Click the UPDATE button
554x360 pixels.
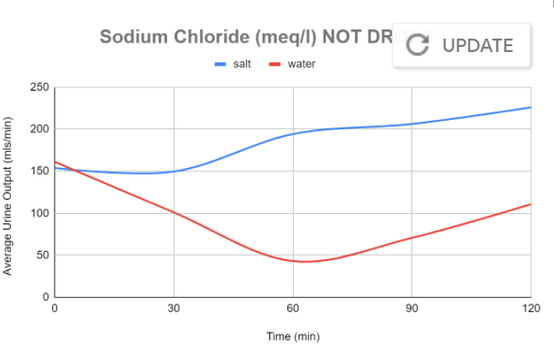pyautogui.click(x=462, y=45)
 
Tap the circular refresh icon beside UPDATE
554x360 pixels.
pyautogui.click(x=417, y=45)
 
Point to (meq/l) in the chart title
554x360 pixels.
pyautogui.click(x=269, y=37)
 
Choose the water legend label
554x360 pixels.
pyautogui.click(x=301, y=64)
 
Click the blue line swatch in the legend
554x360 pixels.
pyautogui.click(x=221, y=64)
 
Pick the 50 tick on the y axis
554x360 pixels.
pyautogui.click(x=42, y=255)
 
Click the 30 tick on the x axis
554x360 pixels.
pyautogui.click(x=174, y=308)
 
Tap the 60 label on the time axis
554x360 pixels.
pyautogui.click(x=293, y=308)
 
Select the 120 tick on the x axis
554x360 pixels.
pyautogui.click(x=530, y=308)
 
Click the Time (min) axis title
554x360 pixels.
pyautogui.click(x=293, y=337)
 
